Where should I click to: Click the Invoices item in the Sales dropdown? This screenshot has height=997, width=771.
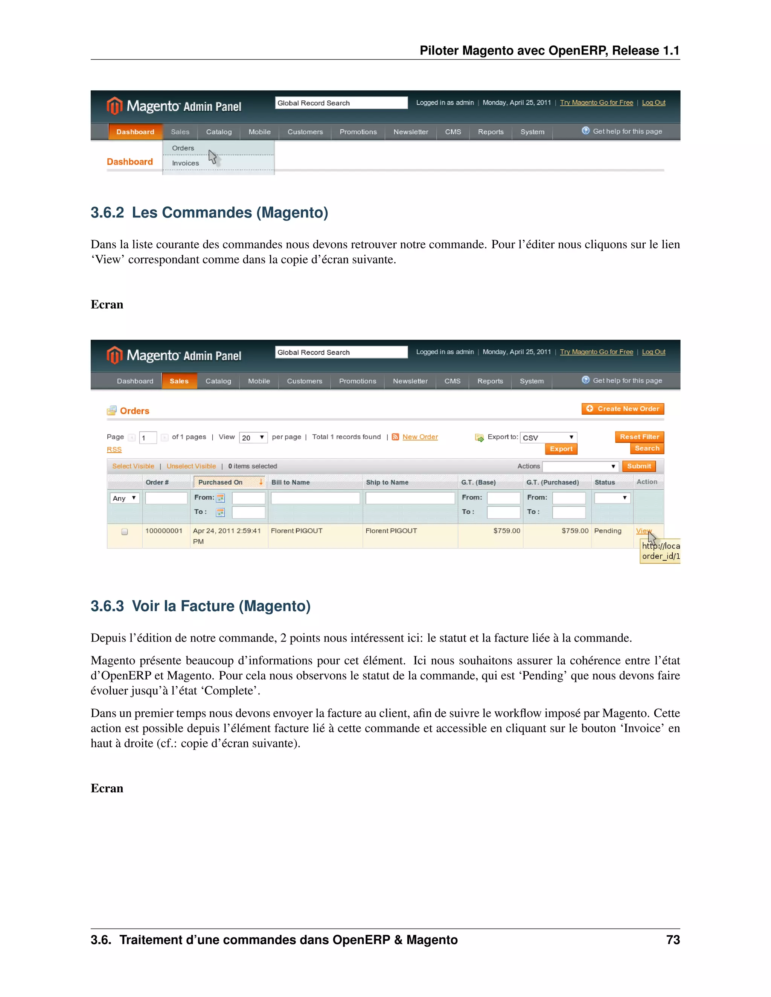186,163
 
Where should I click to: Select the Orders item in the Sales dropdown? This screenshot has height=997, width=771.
183,148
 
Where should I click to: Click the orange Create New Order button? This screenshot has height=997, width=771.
623,409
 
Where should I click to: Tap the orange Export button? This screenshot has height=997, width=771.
561,449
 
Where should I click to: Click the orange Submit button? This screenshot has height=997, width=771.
638,466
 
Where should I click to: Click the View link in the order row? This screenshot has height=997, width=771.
643,530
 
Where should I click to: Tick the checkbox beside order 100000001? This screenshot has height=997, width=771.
124,531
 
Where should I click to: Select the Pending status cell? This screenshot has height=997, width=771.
608,530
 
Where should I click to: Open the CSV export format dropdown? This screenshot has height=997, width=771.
549,437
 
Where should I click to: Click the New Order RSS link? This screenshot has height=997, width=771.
420,437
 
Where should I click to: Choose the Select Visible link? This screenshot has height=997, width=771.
133,466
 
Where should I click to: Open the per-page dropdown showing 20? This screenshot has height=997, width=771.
253,437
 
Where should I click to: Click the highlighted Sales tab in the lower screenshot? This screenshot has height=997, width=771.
179,381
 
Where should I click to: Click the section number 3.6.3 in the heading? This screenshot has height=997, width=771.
107,606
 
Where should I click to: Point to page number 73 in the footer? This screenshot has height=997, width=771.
673,939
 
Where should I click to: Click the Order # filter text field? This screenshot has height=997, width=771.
166,498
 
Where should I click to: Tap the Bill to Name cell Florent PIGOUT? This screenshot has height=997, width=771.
296,530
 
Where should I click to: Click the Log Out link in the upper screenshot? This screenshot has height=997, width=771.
653,103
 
